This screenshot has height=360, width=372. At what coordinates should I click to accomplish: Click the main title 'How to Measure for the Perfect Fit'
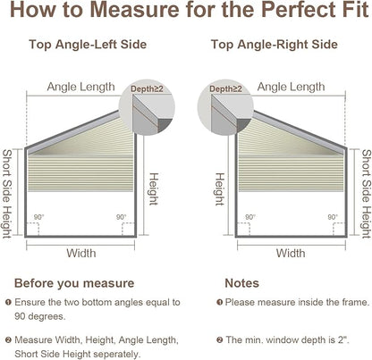pyautogui.click(x=190, y=10)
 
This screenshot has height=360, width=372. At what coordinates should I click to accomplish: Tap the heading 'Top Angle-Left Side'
pyautogui.click(x=88, y=45)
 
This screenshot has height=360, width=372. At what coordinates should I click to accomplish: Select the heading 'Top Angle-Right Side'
pyautogui.click(x=275, y=45)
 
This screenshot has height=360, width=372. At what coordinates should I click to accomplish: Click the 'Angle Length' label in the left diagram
pyautogui.click(x=80, y=87)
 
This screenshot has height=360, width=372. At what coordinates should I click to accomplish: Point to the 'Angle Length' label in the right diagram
pyautogui.click(x=291, y=87)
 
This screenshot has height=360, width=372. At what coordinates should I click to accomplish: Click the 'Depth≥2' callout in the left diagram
pyautogui.click(x=147, y=88)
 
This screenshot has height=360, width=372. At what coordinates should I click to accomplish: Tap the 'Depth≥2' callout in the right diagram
pyautogui.click(x=225, y=88)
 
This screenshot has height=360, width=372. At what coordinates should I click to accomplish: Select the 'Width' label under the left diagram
pyautogui.click(x=81, y=253)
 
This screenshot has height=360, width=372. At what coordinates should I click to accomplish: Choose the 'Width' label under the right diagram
pyautogui.click(x=291, y=253)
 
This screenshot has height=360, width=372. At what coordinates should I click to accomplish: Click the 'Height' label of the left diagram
pyautogui.click(x=154, y=189)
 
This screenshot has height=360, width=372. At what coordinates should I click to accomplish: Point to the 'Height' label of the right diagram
pyautogui.click(x=219, y=189)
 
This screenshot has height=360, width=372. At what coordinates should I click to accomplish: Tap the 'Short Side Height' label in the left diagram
pyautogui.click(x=7, y=194)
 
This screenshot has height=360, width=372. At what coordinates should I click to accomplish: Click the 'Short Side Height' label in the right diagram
pyautogui.click(x=367, y=194)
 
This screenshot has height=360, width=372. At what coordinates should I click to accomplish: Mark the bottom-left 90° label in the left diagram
pyautogui.click(x=38, y=217)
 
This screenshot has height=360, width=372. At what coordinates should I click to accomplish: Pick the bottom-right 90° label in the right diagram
pyautogui.click(x=333, y=217)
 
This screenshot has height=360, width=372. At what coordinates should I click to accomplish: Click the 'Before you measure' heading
pyautogui.click(x=74, y=283)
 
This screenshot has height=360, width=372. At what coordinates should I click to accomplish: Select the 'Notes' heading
pyautogui.click(x=241, y=283)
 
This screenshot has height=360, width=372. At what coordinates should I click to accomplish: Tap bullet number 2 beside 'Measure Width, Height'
pyautogui.click(x=9, y=339)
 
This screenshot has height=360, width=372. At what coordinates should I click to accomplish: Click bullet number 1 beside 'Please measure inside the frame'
pyautogui.click(x=219, y=303)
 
